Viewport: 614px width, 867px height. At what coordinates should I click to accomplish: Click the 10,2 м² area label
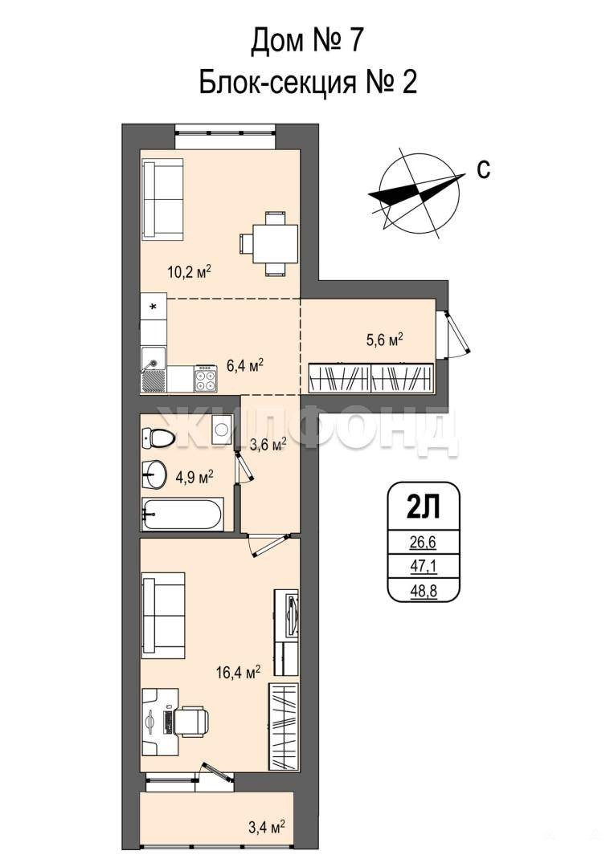point(190,272)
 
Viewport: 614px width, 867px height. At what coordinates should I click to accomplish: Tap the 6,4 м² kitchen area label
point(244,365)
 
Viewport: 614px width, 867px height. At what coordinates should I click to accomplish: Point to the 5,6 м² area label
point(383,339)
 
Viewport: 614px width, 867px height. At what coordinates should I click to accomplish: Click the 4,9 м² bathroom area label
point(194,477)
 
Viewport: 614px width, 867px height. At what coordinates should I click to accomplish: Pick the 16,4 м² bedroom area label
point(238,673)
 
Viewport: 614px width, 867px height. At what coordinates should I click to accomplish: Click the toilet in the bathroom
point(158,438)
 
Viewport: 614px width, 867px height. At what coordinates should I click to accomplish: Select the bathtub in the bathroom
point(182,515)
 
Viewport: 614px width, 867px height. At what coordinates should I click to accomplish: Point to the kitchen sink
point(153,368)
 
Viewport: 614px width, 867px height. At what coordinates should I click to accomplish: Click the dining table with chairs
point(269,244)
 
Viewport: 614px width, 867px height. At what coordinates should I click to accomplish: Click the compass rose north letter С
point(483,169)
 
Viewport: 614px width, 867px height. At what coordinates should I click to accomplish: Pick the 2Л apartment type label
point(424,507)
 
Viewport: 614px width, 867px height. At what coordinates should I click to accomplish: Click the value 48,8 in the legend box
point(424,591)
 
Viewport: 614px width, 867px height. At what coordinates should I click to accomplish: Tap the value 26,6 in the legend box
point(424,543)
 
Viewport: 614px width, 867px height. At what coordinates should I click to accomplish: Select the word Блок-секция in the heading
point(276,83)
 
